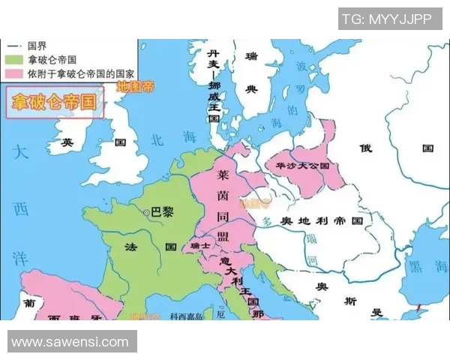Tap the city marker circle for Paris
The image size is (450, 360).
pos(146,213)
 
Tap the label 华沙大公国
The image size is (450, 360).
pos(303,164)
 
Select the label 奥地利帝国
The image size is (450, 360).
pos(321,221)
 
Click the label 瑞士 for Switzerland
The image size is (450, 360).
pos(200,245)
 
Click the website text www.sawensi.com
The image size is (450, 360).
pos(70,342)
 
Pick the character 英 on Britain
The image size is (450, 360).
pos(68,142)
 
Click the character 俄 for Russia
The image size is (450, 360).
pos(365,148)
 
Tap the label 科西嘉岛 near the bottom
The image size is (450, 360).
pos(186,316)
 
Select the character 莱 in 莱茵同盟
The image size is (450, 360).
pos(223,173)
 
